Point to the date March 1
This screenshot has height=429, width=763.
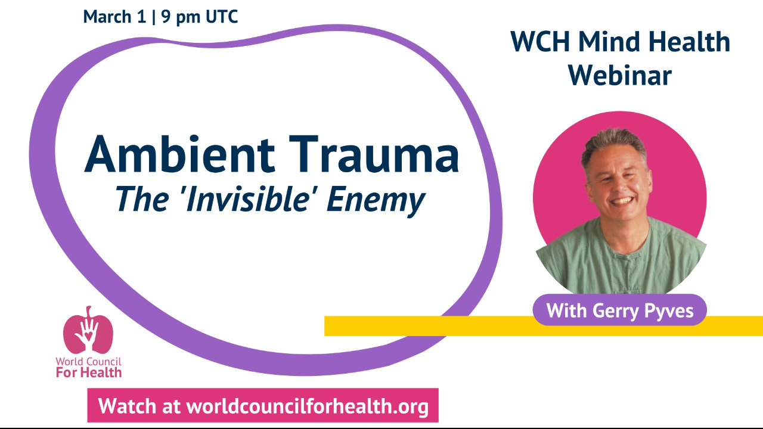tap(114, 17)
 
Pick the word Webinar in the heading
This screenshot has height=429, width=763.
tap(620, 74)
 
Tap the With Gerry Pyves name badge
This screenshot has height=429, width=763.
tap(619, 310)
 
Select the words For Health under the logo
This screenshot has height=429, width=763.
tap(88, 372)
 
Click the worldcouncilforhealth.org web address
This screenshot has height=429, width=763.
tap(308, 406)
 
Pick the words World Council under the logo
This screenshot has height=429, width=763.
tap(88, 362)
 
